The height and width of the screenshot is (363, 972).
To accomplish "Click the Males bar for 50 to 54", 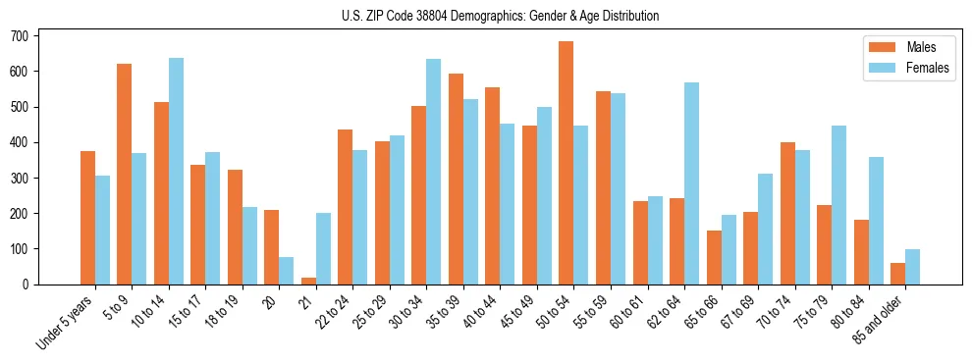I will click(566, 163).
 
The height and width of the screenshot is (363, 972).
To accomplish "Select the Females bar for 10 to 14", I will click(176, 172).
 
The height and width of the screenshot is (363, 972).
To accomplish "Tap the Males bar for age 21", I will click(308, 281).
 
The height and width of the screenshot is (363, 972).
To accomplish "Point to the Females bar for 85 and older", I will click(913, 267).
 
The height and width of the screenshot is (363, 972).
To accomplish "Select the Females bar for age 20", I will click(286, 271).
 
